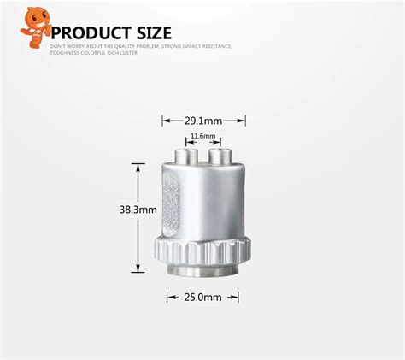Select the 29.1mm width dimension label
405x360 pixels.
point(203,121)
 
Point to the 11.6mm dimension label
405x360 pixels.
point(203,135)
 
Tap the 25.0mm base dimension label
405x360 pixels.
point(202,297)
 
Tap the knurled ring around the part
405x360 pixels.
point(202,251)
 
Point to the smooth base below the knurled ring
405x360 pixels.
point(202,272)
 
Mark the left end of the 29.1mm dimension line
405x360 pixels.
point(163,121)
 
